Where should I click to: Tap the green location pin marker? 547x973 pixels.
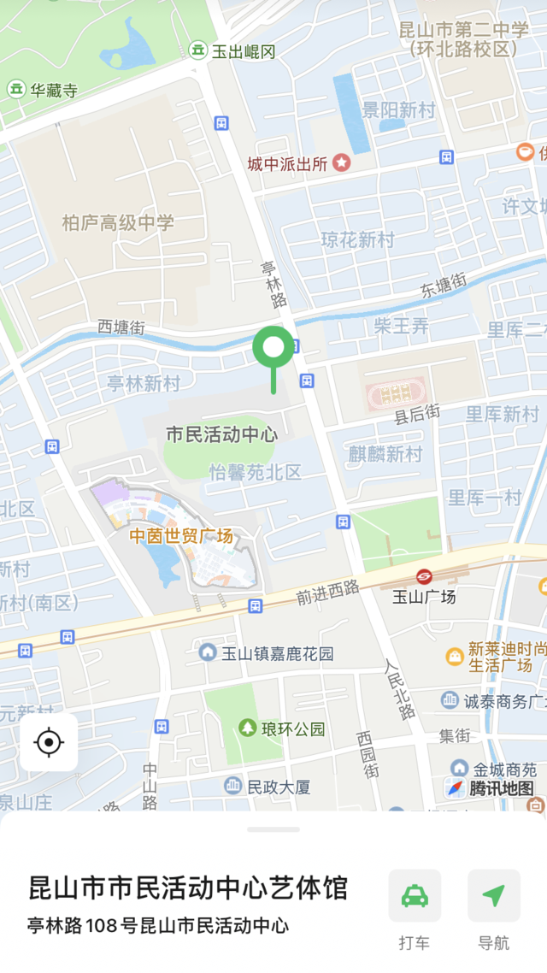coord(273,349)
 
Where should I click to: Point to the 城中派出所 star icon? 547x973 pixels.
coord(342,162)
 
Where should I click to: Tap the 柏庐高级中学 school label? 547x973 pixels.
coord(118,223)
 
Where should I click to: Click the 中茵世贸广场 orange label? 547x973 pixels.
coord(181,536)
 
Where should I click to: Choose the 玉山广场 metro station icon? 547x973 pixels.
coord(424,577)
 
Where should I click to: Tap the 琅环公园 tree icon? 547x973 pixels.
coord(248,728)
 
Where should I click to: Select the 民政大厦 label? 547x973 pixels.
coord(278,787)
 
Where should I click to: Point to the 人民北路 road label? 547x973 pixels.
coord(398,687)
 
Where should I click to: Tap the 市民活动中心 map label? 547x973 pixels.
coord(221,433)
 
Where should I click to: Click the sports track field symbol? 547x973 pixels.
coord(395,394)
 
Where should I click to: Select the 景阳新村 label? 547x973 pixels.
coord(398,110)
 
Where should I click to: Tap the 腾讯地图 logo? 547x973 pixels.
coord(491,788)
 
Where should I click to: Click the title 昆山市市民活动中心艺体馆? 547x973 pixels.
coord(188,887)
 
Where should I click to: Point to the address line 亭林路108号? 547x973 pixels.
coord(158,925)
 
